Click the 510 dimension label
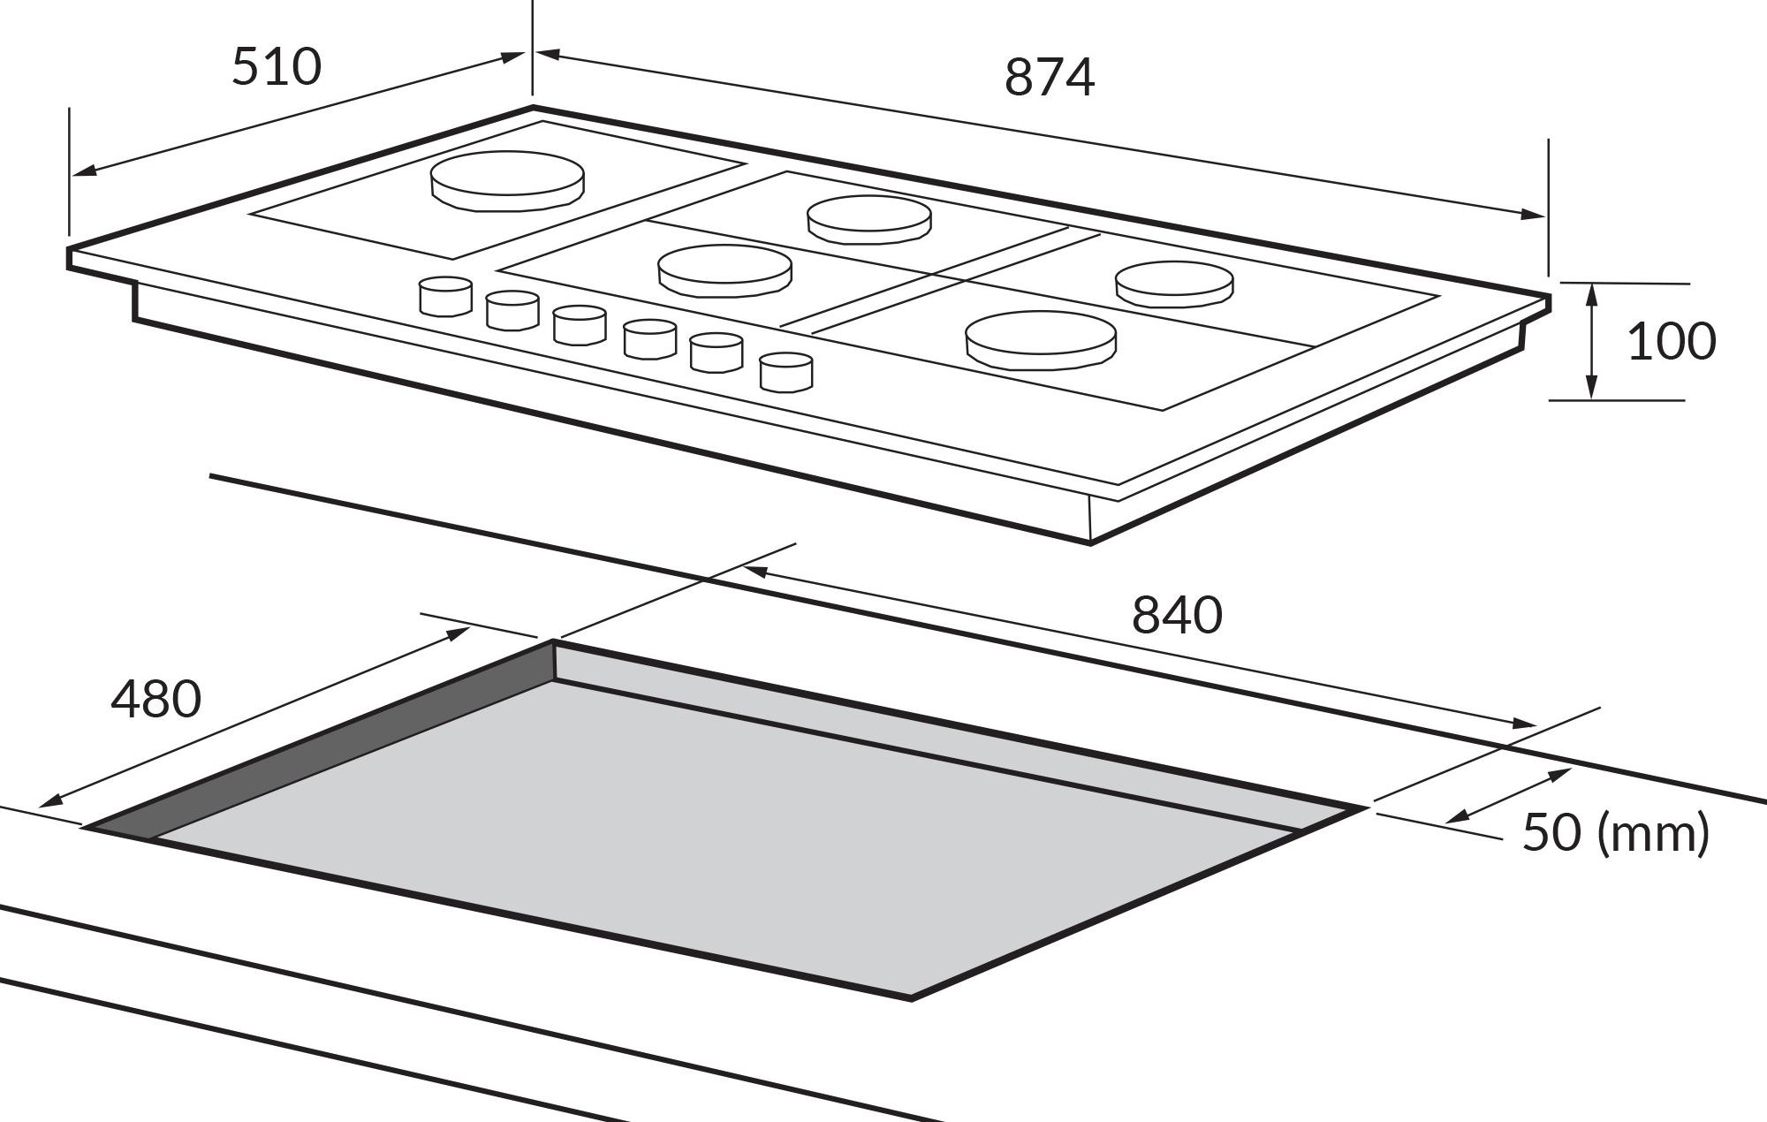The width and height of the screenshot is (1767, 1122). (x=277, y=67)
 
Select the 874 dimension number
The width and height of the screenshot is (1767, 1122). (x=1050, y=77)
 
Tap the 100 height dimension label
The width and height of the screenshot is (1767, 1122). (x=1672, y=341)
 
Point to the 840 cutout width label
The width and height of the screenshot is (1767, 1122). (x=1177, y=615)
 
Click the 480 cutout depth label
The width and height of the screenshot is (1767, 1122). (x=156, y=699)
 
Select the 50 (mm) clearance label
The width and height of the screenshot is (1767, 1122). (x=1616, y=832)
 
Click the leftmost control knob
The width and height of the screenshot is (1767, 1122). (x=445, y=296)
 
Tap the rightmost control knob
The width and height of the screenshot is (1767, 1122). (x=786, y=371)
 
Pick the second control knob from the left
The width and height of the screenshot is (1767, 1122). (x=512, y=310)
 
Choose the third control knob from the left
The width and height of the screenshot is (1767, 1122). (x=580, y=325)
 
